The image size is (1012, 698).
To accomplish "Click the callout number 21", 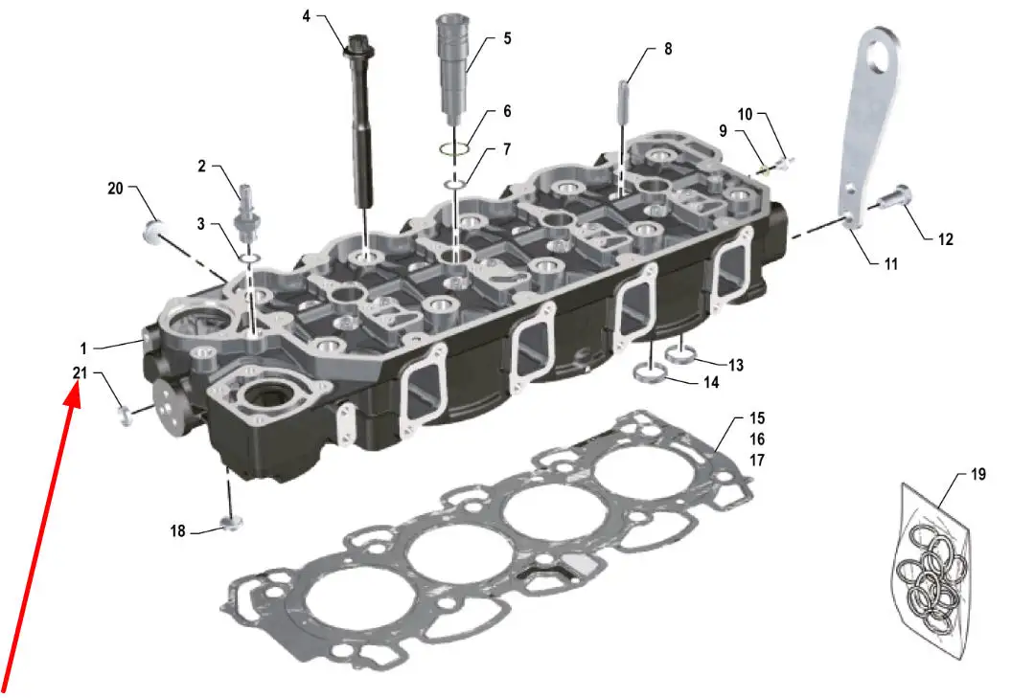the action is pos(80,372).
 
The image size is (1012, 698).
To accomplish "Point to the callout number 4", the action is pos(307,16).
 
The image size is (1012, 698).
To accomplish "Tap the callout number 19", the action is pos(978,474).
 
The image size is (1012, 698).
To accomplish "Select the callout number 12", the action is pos(946,239).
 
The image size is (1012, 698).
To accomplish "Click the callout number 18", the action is pos(177,530).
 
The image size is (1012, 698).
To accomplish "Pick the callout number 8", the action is pos(668,49).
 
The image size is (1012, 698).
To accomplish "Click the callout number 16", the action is pos(757,439).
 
